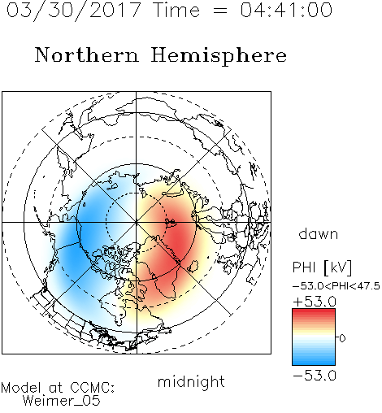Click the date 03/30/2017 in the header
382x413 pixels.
pos(74,11)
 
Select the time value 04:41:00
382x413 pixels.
pos(286,10)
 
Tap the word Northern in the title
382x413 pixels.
pos(87,54)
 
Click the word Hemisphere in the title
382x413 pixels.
pos(219,56)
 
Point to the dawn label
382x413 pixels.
pos(319,233)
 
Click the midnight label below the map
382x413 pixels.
pos(191,382)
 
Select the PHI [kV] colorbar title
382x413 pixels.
pos(322,267)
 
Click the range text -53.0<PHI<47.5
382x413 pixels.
pos(336,286)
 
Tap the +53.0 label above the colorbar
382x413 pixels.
pos(315,302)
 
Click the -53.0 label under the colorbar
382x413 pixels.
pos(315,376)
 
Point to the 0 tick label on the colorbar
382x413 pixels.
pos(342,338)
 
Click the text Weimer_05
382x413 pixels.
pos(62,401)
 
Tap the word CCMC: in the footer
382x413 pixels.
pos(93,388)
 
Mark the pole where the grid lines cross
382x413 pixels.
pos(136,223)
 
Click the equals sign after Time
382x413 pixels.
pos(219,11)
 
